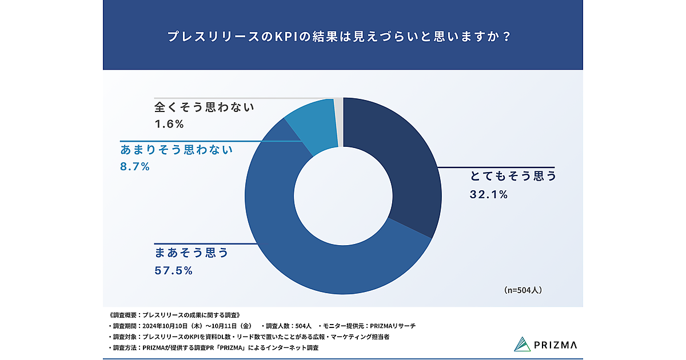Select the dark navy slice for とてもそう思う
(x=400, y=171)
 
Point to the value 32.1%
(x=489, y=194)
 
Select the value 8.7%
(x=135, y=167)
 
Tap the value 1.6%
(x=169, y=123)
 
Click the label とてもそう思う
(x=513, y=176)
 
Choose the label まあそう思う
(x=192, y=252)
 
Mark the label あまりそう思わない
(x=177, y=150)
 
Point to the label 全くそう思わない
(x=204, y=107)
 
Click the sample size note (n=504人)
(x=523, y=290)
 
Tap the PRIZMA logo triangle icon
(x=522, y=344)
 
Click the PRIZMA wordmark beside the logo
(x=557, y=345)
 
